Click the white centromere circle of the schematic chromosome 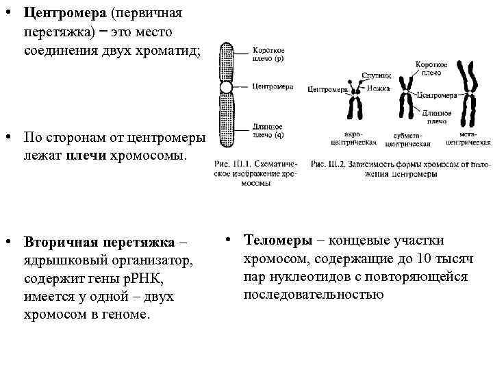tap(226, 88)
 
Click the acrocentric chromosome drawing tap(355, 103)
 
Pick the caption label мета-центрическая tap(468, 139)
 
